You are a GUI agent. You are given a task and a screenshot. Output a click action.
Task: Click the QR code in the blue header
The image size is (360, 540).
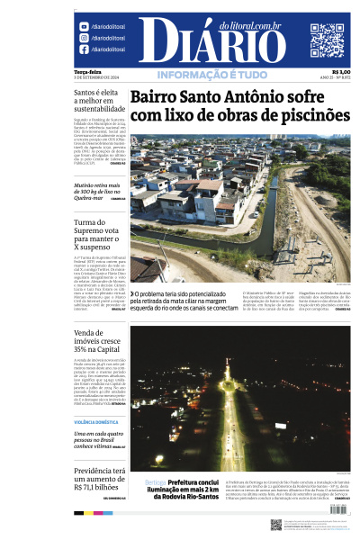coord(328,40)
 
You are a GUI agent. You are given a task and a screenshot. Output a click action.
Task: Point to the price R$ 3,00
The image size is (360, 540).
coord(341,72)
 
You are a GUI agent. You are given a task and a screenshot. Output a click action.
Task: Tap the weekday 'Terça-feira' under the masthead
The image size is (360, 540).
coord(87,72)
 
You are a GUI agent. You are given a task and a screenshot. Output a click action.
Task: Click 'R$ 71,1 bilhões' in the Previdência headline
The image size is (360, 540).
coord(101,487)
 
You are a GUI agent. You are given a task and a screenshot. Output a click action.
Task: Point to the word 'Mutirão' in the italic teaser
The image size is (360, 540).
coord(86,185)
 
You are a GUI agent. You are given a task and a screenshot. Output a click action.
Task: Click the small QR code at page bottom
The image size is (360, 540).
coord(275,525)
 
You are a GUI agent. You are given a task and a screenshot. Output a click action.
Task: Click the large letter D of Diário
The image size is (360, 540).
coord(155,40)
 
